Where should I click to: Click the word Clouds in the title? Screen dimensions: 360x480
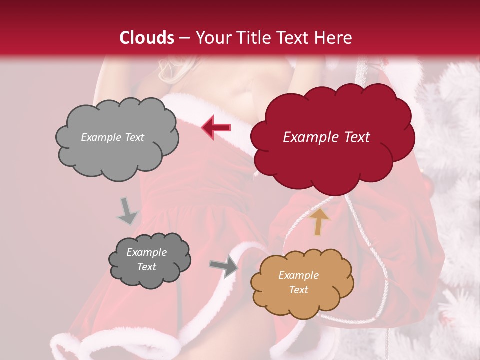coord(146,38)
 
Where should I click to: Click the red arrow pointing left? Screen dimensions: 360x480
coord(216,127)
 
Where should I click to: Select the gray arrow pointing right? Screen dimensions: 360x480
coord(224,267)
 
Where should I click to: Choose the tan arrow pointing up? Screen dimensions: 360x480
coord(319,221)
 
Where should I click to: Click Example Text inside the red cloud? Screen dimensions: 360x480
coord(326,137)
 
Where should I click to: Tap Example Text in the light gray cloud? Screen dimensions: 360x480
coord(112,137)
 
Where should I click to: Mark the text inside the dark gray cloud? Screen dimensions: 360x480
coord(146,259)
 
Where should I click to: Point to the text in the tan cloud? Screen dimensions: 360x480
coord(298,282)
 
